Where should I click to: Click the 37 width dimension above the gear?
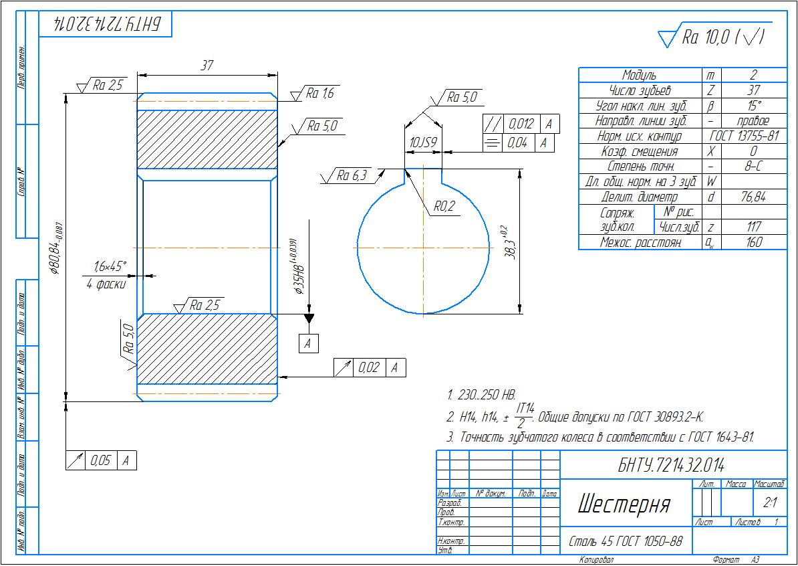point(207,65)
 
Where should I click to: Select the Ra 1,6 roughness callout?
point(319,94)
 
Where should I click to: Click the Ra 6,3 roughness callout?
point(351,176)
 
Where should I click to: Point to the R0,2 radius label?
point(443,207)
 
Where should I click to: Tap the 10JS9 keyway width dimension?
point(422,143)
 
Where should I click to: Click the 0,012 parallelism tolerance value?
point(521,124)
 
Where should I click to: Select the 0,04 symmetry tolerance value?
point(517,143)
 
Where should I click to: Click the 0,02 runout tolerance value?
point(368,367)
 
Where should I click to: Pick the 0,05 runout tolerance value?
point(101,460)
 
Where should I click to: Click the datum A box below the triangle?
point(308,343)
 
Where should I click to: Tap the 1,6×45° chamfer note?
point(110,267)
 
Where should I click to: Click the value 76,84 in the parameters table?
point(753,197)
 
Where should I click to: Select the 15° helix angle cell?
point(753,106)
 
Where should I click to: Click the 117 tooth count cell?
point(753,227)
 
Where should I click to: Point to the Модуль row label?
point(639,75)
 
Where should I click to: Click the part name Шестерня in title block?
point(623,504)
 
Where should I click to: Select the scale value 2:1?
point(769,502)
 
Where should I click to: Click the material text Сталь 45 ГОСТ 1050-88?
point(626,541)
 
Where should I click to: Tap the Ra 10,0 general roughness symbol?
point(711,37)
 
